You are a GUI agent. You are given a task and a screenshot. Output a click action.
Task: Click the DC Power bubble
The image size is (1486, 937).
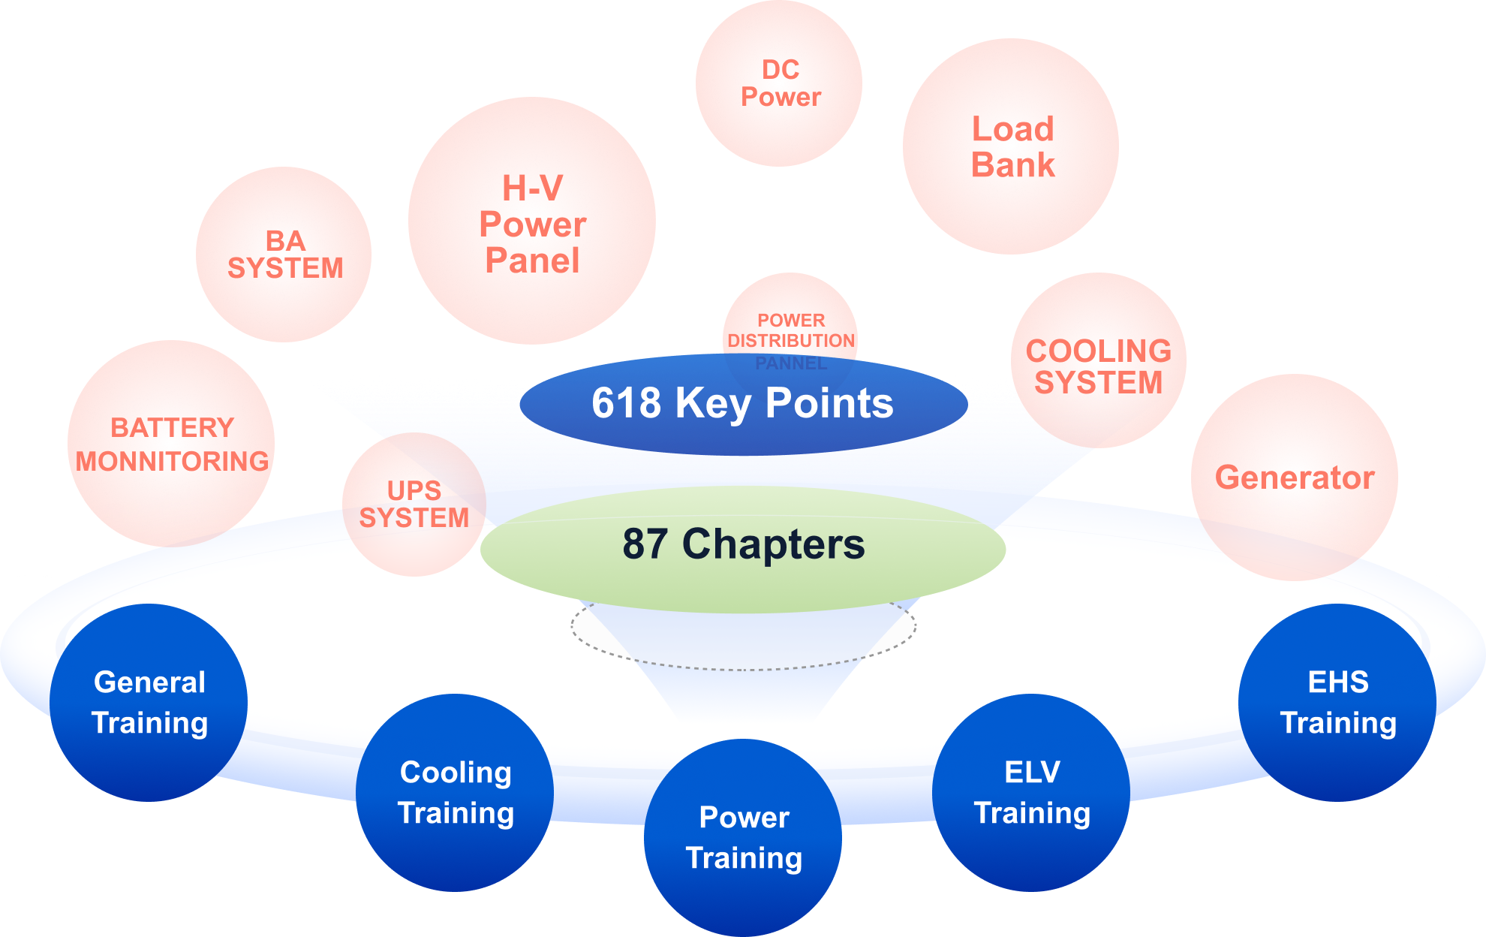coord(779,83)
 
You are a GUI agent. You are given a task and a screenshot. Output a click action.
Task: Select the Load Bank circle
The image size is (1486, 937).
coord(1011,146)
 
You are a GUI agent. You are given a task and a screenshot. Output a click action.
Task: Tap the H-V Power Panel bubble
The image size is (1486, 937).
coord(532,221)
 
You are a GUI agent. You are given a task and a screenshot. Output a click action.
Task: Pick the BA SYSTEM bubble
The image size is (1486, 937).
coord(284,255)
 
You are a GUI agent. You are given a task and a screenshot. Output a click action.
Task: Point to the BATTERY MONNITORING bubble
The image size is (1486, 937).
coord(171,444)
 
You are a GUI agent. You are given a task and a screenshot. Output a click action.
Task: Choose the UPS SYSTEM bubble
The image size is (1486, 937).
coord(414,505)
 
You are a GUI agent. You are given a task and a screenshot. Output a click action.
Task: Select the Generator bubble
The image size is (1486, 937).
coord(1294,478)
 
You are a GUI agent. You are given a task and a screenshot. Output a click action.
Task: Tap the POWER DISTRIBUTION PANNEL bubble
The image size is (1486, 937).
coord(790,323)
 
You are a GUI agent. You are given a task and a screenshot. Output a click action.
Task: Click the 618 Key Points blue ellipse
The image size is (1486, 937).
coord(743,404)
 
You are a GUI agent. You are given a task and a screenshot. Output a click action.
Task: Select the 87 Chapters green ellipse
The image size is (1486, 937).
coord(743,547)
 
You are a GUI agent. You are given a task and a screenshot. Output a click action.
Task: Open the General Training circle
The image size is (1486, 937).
coord(149,703)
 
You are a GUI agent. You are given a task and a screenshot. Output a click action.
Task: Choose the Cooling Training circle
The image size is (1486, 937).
coord(455,793)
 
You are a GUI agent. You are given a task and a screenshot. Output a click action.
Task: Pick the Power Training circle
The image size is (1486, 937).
coord(743,838)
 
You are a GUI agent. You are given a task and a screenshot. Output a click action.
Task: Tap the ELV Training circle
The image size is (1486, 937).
coord(1031,793)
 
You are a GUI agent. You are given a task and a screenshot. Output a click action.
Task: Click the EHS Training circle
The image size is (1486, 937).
coord(1337,703)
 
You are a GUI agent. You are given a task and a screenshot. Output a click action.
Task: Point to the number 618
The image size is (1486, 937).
coord(626,403)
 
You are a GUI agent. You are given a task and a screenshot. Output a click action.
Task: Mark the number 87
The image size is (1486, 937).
coord(645,544)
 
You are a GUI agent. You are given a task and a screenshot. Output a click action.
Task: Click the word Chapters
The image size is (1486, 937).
coord(773,544)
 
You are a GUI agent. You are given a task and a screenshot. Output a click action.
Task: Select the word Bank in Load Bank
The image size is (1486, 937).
coord(1013,165)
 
